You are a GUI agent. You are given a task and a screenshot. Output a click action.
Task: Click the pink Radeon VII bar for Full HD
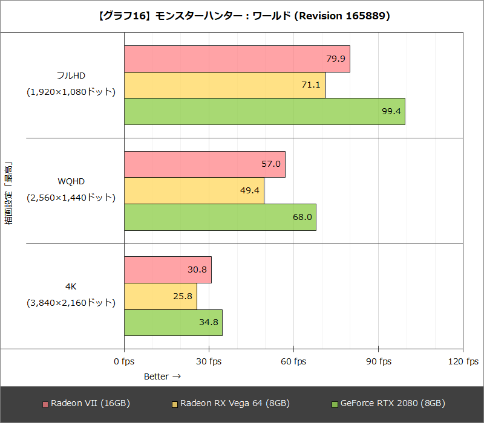(x=237, y=59)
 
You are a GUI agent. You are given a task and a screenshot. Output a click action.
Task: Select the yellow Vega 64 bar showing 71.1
(x=224, y=85)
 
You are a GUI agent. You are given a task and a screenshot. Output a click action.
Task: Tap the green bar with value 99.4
(x=264, y=111)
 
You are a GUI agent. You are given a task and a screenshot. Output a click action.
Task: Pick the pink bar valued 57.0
(x=204, y=164)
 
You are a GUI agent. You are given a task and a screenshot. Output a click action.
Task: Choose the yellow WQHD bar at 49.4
(x=194, y=190)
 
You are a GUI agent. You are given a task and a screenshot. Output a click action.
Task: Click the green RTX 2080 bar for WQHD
(x=220, y=217)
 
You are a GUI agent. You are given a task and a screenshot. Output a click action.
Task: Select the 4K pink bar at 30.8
(x=168, y=270)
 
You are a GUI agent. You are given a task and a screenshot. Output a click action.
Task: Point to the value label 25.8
(x=182, y=296)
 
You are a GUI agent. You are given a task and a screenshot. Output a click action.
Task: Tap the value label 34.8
(x=208, y=322)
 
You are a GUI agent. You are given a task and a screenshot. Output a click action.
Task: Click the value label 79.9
(x=336, y=59)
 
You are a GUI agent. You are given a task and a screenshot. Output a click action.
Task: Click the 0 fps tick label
(x=124, y=361)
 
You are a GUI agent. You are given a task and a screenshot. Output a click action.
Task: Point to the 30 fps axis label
(x=209, y=361)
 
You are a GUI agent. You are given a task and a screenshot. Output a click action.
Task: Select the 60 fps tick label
(x=293, y=361)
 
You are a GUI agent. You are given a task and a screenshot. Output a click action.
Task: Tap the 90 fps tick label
(x=378, y=361)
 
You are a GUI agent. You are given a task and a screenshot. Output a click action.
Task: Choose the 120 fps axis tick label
(x=463, y=361)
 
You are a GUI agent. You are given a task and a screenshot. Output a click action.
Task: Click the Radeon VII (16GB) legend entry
(x=86, y=403)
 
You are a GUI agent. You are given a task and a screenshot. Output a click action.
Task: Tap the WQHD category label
(x=71, y=181)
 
